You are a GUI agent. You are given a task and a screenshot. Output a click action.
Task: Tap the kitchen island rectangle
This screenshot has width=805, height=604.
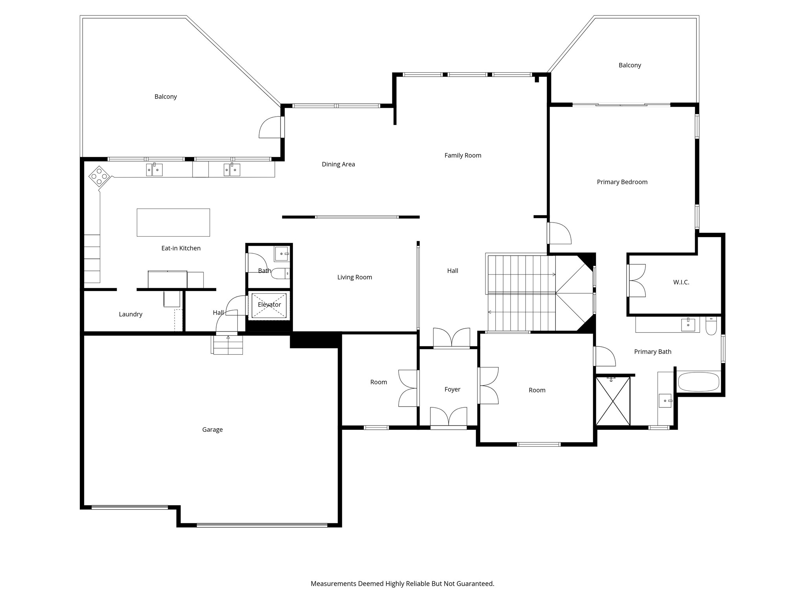pyautogui.click(x=173, y=223)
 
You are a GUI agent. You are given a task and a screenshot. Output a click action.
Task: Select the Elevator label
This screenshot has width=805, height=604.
pyautogui.click(x=269, y=305)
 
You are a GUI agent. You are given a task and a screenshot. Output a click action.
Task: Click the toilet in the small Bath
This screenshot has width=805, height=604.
pyautogui.click(x=281, y=273)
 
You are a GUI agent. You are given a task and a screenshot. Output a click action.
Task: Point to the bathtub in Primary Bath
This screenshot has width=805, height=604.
pyautogui.click(x=698, y=382)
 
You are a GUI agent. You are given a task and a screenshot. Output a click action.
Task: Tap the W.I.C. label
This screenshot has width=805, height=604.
pyautogui.click(x=681, y=282)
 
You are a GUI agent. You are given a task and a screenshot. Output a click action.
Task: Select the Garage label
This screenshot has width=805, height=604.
pyautogui.click(x=212, y=430)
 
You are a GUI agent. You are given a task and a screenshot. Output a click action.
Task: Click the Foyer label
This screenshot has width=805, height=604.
pyautogui.click(x=452, y=389)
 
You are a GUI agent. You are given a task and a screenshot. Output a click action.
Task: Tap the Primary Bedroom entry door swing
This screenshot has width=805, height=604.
pyautogui.click(x=559, y=233)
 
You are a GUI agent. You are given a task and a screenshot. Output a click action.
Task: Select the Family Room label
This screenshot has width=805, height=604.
pyautogui.click(x=463, y=155)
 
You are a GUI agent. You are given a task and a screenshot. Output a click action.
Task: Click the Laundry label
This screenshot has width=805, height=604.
pyautogui.click(x=130, y=314)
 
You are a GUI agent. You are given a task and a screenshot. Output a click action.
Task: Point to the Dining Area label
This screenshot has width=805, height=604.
pyautogui.click(x=338, y=164)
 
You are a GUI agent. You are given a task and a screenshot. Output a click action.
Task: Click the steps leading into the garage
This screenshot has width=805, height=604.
pyautogui.click(x=228, y=345)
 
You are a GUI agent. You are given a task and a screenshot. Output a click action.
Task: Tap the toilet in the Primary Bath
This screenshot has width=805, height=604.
pyautogui.click(x=711, y=326)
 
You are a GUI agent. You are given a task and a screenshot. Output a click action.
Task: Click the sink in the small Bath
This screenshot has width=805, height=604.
pyautogui.click(x=282, y=254)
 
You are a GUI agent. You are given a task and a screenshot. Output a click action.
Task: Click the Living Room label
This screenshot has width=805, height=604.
pyautogui.click(x=355, y=277)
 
